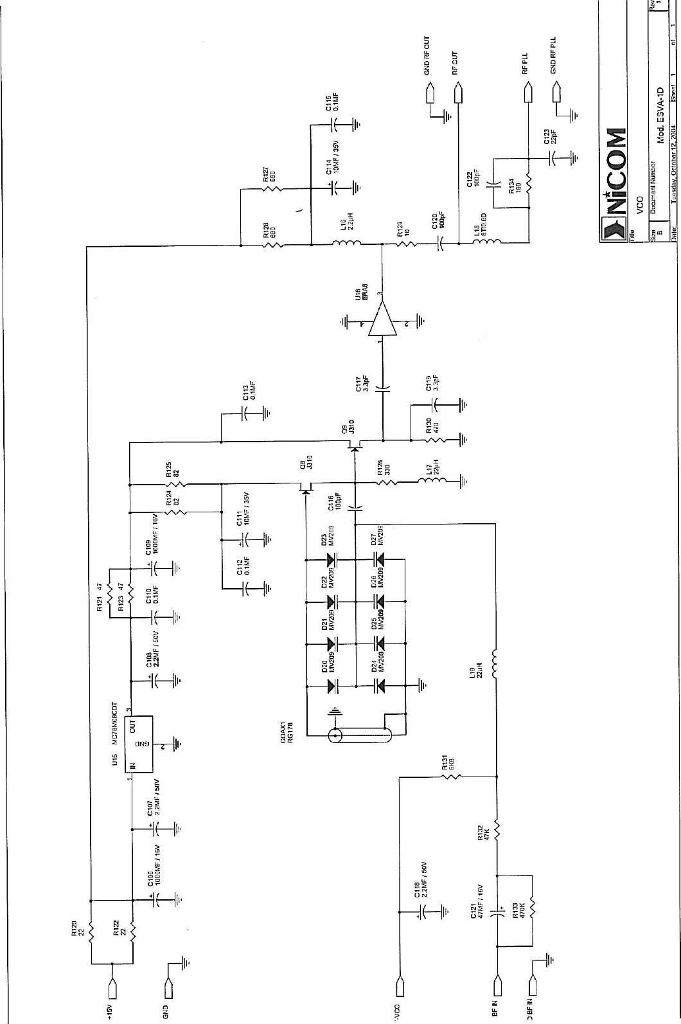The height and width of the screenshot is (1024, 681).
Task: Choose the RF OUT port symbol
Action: [x=459, y=95]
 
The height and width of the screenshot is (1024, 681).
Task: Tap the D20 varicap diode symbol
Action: [x=333, y=687]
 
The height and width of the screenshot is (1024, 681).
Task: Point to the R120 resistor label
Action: [x=77, y=928]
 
